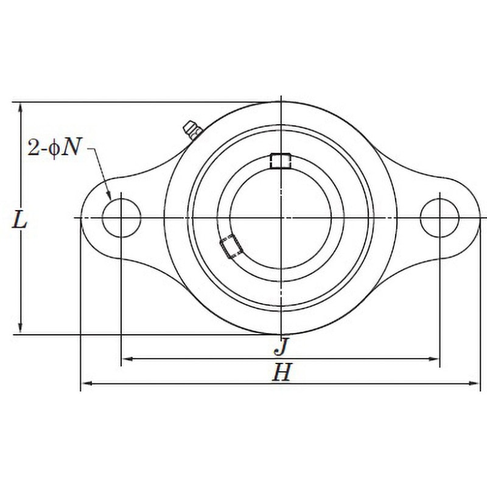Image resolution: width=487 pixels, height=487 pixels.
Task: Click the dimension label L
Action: pyautogui.click(x=19, y=221)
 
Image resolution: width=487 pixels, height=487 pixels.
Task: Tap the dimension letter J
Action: pyautogui.click(x=282, y=346)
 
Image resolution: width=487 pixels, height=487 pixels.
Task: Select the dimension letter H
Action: pyautogui.click(x=282, y=373)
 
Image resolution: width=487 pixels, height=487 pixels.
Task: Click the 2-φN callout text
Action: pyautogui.click(x=54, y=147)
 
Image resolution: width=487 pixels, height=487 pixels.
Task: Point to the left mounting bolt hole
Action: pyautogui.click(x=121, y=218)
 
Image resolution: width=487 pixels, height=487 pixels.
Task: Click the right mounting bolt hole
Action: pyautogui.click(x=440, y=218)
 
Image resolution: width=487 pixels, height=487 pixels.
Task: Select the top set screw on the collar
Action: pyautogui.click(x=281, y=161)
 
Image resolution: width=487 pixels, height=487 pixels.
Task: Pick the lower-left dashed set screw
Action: pyautogui.click(x=231, y=247)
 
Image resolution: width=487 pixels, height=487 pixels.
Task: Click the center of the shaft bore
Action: pyautogui.click(x=281, y=218)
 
